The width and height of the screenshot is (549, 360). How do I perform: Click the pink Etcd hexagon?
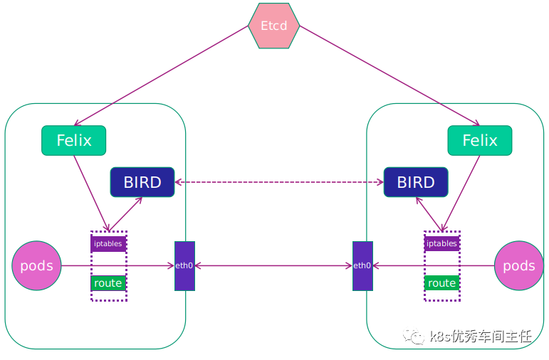(x=274, y=26)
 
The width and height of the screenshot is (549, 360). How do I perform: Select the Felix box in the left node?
(x=73, y=140)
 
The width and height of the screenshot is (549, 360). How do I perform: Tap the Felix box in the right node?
(x=479, y=140)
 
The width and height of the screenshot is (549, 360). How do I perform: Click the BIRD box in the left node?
(x=142, y=182)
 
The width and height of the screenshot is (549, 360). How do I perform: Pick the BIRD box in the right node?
(x=416, y=182)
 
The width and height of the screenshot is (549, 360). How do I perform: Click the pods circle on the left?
(x=36, y=266)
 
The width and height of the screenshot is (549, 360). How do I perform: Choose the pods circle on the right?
(x=518, y=266)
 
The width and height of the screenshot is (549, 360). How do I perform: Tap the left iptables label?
(x=108, y=243)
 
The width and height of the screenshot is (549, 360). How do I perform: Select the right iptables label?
(x=441, y=243)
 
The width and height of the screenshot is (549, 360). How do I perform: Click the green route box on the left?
(x=108, y=283)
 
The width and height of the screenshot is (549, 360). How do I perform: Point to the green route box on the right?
(x=441, y=283)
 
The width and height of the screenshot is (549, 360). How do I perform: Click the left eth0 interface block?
(x=184, y=266)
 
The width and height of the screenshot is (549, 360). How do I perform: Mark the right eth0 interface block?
(x=362, y=266)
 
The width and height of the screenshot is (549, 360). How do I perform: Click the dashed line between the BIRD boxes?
(x=279, y=182)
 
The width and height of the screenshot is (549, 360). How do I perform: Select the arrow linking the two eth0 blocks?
(x=273, y=266)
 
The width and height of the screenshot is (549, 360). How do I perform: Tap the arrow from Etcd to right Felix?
(x=388, y=75)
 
